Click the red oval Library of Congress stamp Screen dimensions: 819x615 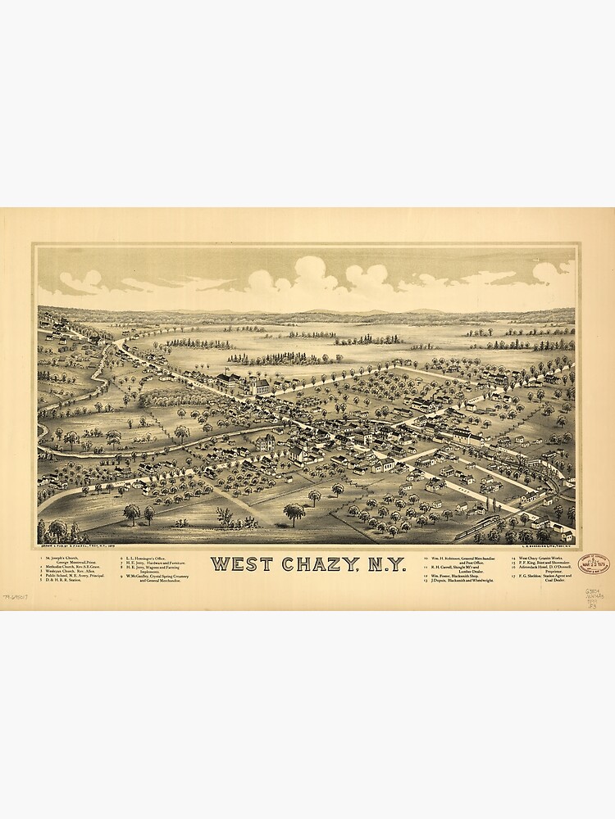pos(594,564)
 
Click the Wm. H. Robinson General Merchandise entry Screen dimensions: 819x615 pos(463,558)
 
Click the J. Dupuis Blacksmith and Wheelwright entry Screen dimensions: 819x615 pos(462,581)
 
